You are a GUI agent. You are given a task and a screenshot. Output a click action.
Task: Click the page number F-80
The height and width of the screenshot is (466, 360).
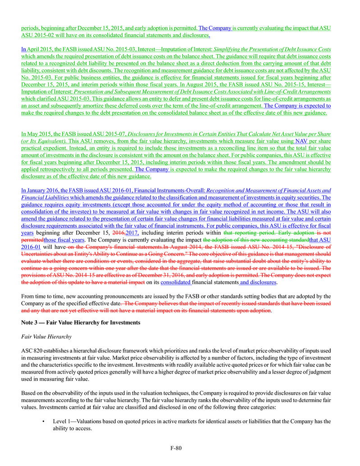175,448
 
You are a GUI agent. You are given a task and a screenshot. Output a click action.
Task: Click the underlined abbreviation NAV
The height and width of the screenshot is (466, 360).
302,141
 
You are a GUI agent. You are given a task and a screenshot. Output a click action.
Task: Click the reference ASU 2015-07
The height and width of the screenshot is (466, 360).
110,134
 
